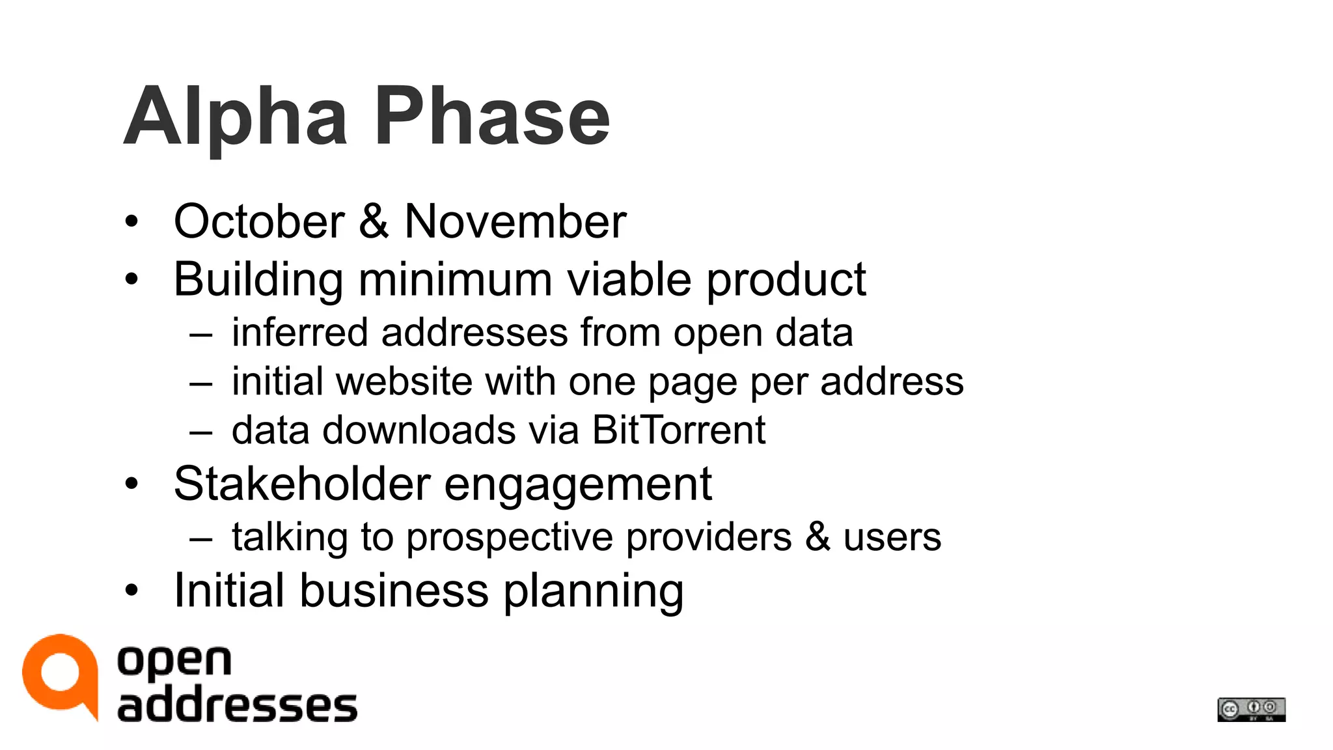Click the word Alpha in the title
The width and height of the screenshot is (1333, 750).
(x=235, y=117)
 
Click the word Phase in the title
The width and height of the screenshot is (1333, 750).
(x=492, y=117)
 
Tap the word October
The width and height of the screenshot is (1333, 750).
(x=259, y=221)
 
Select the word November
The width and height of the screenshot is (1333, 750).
(x=515, y=221)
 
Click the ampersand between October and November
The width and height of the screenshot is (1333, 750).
(x=374, y=221)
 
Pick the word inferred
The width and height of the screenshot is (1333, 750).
(x=300, y=333)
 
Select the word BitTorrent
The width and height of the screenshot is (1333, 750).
(x=678, y=430)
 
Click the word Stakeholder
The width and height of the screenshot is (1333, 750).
(x=302, y=484)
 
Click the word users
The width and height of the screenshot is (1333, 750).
(x=892, y=538)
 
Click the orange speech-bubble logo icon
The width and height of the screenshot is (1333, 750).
(x=60, y=674)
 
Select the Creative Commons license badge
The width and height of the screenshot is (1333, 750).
(x=1251, y=709)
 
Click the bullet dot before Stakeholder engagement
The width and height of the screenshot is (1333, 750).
(x=132, y=484)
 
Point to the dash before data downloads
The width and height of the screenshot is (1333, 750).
(x=201, y=431)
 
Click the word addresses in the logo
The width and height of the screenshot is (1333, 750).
(x=237, y=706)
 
